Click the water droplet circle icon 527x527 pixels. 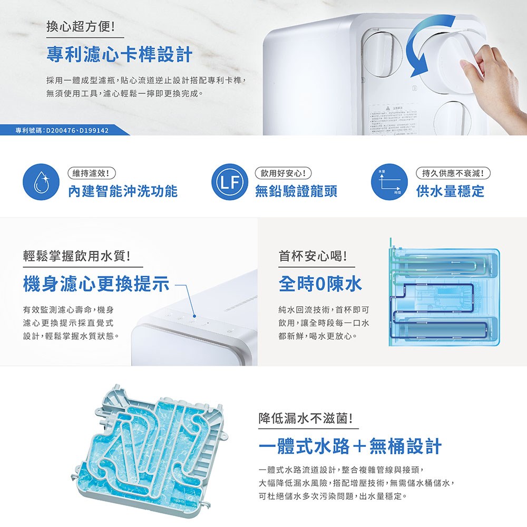(x=38, y=183)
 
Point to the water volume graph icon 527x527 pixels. (x=389, y=183)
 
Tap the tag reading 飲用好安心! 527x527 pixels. (x=283, y=172)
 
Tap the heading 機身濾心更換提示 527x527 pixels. (x=96, y=285)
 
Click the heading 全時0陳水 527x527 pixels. (x=320, y=285)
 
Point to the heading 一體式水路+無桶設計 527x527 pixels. (x=350, y=446)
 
